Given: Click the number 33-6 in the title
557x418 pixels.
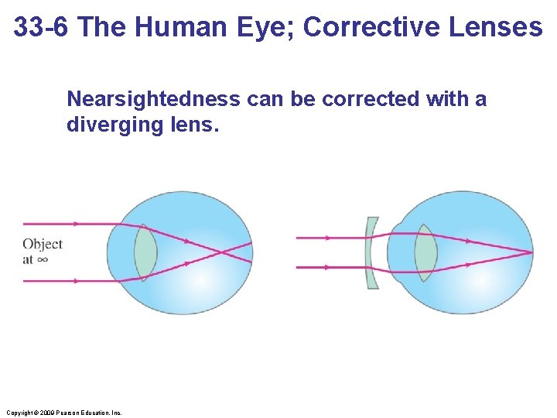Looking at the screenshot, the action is pos(43,27).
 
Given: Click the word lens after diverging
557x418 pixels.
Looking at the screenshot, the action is pos(197,125).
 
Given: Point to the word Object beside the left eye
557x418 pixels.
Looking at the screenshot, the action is pos(43,245).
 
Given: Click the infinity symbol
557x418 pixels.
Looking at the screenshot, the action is pos(43,260).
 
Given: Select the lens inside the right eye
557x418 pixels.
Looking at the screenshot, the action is pos(425,252).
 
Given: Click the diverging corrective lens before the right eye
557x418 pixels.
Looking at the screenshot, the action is pos(372,252).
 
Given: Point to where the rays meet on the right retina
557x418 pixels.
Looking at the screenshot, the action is pos(531,252).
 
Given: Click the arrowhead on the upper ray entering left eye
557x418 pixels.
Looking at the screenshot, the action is pos(75,224).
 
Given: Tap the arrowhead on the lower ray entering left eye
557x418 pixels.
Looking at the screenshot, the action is pos(75,281).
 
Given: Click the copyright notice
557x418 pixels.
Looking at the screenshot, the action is pos(63,413).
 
